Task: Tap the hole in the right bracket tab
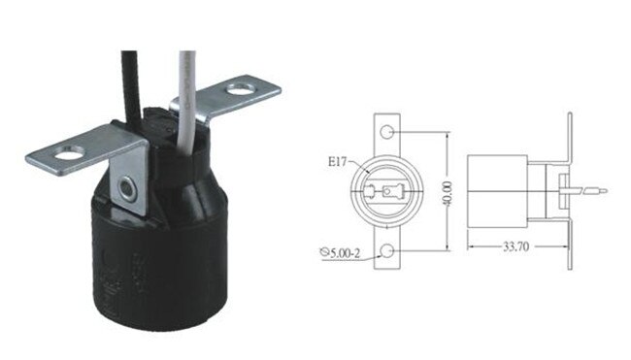[239, 93]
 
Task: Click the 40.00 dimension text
[448, 191]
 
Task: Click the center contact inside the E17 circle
[388, 192]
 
